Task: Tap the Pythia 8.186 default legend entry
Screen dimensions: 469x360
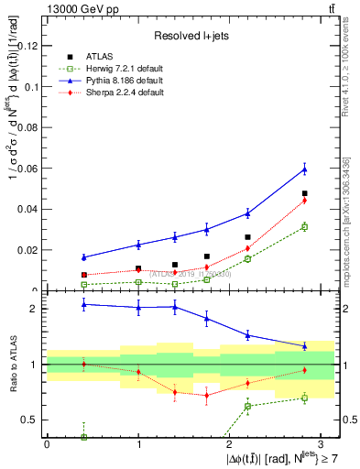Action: point(122,81)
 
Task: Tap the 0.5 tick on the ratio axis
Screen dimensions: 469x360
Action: point(31,420)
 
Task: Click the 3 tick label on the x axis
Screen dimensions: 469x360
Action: point(322,444)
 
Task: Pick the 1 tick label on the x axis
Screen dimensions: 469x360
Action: point(138,444)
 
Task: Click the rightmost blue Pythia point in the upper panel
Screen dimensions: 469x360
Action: point(305,169)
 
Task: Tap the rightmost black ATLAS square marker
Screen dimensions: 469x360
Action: point(305,193)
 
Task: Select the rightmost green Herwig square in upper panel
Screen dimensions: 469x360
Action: point(305,226)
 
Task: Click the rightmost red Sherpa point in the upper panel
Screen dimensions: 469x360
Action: point(305,201)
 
